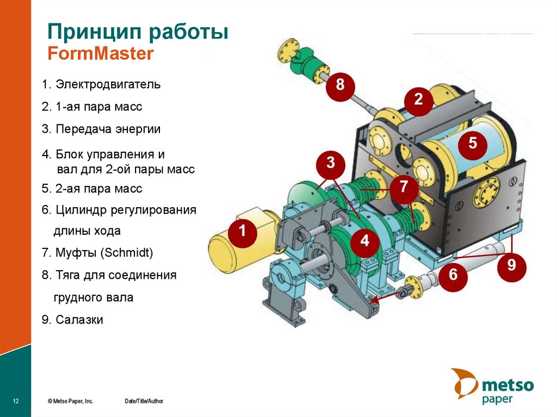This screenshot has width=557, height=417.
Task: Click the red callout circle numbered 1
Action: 242,232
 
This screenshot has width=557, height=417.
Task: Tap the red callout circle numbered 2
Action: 418,99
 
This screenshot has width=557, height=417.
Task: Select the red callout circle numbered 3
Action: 331,163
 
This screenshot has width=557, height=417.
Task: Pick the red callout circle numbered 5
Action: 472,144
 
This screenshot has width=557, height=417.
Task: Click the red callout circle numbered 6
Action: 453,275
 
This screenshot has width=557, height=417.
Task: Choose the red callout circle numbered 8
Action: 340,85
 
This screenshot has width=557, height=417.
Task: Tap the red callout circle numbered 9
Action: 511,266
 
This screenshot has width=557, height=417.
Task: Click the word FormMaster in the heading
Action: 101,53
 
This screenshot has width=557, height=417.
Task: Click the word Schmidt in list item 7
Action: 129,253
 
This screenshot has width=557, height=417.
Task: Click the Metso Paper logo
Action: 492,387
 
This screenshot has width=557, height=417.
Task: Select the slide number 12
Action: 16,401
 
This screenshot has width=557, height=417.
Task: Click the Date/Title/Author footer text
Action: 144,401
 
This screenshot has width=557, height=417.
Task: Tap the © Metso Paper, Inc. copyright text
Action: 70,401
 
